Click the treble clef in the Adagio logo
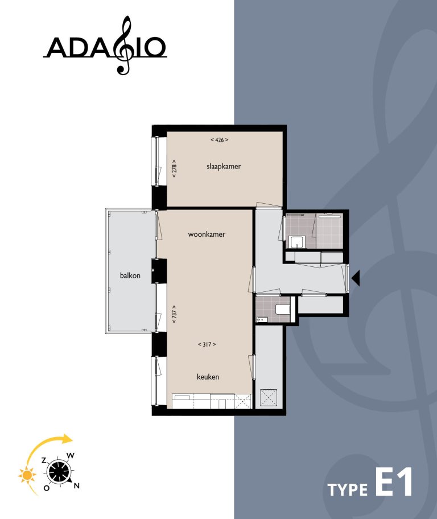coord(123,46)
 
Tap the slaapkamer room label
coord(224,167)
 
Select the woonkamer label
coord(207,234)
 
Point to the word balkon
coord(130,276)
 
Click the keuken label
coord(208,377)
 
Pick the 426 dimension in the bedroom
coord(219,139)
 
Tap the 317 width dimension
coord(207,344)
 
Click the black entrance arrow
coord(356,278)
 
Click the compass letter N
coord(77,485)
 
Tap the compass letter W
coord(71,455)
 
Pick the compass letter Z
coord(43,459)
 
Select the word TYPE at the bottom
coord(347,490)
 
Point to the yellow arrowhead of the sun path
coord(68,439)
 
